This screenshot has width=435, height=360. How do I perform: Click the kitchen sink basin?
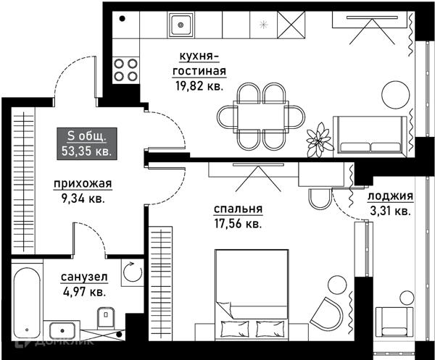181,25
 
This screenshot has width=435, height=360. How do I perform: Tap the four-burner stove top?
125,70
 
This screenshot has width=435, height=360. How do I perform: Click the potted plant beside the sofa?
319,139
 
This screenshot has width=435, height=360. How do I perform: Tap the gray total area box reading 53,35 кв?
87,144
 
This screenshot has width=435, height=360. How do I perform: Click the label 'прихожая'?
83,184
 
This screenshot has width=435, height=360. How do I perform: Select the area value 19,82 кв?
199,86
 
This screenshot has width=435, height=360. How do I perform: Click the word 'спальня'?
238,209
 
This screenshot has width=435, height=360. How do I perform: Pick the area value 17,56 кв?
238,223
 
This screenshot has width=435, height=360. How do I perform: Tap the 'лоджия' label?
390,196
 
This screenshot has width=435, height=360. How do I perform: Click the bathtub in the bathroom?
28,302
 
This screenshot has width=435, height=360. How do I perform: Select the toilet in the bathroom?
107,317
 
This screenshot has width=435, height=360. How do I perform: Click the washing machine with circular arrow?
133,272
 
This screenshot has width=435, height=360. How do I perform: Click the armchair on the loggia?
394,322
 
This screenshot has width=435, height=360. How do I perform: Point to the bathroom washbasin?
62,330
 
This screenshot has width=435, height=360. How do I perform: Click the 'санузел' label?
84,277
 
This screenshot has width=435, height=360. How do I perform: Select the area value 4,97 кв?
84,291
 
